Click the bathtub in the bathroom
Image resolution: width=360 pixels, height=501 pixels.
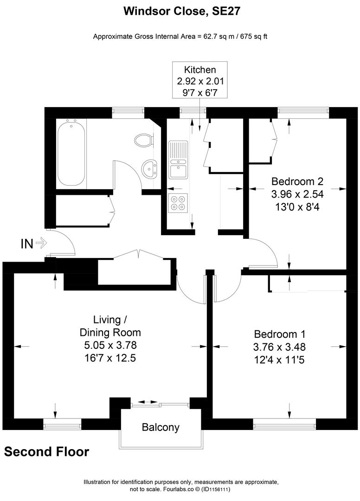tap(71, 152)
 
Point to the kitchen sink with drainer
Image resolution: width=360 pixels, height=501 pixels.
tap(179, 160)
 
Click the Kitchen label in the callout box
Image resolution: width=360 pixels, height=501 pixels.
tap(200, 70)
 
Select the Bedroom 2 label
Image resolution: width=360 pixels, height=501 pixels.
tap(297, 181)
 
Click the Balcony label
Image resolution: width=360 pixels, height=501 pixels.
tap(161, 427)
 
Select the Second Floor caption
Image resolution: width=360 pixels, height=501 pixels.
tap(46, 451)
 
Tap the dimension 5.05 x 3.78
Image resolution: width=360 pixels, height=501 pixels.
tap(110, 345)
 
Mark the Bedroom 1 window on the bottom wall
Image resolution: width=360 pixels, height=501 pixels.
tap(284, 424)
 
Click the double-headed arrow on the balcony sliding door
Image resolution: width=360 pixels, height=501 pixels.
tap(148, 402)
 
